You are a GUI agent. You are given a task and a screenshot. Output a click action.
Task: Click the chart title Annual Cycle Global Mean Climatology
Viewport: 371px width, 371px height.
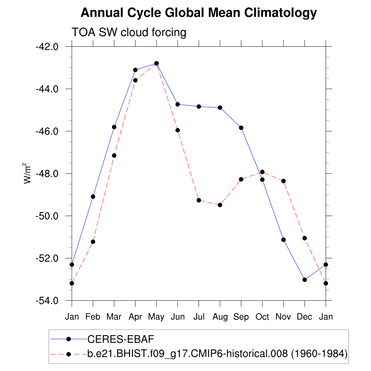[199, 13]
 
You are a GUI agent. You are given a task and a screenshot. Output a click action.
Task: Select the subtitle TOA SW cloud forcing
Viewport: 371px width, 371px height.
[129, 33]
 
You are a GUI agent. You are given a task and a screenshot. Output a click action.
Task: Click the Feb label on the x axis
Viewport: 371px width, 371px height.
[93, 317]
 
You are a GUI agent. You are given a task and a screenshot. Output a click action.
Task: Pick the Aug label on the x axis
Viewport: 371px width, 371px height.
[220, 317]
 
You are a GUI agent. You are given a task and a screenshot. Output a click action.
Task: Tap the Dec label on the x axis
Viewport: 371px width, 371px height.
[304, 317]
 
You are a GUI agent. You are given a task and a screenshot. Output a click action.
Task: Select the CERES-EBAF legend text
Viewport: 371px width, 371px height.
[121, 339]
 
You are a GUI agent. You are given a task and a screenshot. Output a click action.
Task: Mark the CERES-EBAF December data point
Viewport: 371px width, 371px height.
[305, 280]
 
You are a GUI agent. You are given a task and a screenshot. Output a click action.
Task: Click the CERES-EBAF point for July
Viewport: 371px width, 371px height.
[199, 107]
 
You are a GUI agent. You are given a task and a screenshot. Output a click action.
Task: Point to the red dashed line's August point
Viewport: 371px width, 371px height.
[220, 205]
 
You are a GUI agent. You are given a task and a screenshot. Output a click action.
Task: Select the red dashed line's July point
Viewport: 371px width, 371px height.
[199, 200]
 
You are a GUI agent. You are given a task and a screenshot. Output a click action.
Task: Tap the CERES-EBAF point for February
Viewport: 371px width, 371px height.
[93, 196]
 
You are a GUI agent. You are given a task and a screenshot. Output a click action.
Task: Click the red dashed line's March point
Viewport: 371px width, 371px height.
[114, 155]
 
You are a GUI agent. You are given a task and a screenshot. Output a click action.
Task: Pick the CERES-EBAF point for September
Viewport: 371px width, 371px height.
[241, 128]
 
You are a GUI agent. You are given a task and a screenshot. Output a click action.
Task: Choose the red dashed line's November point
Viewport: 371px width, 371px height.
[283, 181]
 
